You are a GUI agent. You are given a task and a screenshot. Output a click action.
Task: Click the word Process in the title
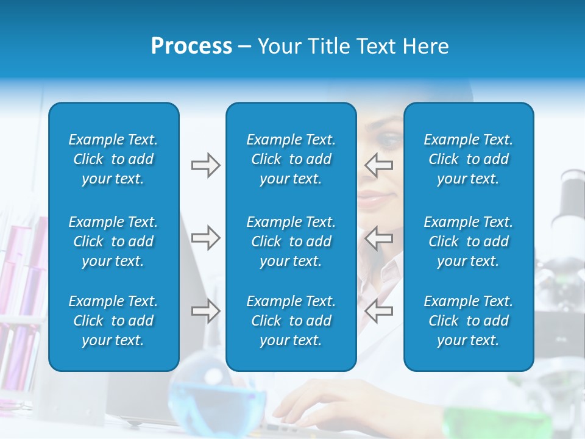191,46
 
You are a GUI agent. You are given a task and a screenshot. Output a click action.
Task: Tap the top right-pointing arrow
205,165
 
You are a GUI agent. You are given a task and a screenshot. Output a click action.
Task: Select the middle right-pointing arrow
205,238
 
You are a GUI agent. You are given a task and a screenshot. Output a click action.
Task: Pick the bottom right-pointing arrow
205,311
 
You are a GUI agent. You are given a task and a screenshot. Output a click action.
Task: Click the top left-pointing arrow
379,165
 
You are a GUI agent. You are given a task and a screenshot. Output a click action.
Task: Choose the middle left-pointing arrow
379,238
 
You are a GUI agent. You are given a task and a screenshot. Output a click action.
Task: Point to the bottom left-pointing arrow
379,311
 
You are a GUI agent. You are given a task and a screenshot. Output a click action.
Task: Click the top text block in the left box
113,159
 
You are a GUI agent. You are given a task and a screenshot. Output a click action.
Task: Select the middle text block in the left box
113,241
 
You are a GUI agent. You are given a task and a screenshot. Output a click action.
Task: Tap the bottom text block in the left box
113,321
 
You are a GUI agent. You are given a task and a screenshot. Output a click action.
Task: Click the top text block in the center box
291,159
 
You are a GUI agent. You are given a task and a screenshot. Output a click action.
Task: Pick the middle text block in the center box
291,241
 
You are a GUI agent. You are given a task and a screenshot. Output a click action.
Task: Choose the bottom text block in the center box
291,321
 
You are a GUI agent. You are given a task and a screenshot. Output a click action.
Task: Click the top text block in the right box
468,159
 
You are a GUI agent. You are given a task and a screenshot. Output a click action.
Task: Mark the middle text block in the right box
468,241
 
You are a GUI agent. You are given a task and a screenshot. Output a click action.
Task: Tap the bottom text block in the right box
468,321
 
